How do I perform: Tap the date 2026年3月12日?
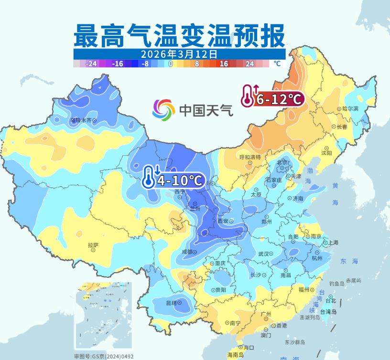coord(179,54)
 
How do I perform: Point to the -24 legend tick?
coord(91,64)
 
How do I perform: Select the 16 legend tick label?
coord(224,64)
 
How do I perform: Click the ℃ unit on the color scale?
coord(277,63)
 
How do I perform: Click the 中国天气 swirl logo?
coord(163,110)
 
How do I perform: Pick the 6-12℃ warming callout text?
coord(279,99)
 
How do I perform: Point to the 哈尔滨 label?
coord(350,109)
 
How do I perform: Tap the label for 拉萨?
coord(93,245)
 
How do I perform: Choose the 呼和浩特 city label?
coord(250,157)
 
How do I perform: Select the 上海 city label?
coord(333,243)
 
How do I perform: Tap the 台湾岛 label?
coord(328,312)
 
